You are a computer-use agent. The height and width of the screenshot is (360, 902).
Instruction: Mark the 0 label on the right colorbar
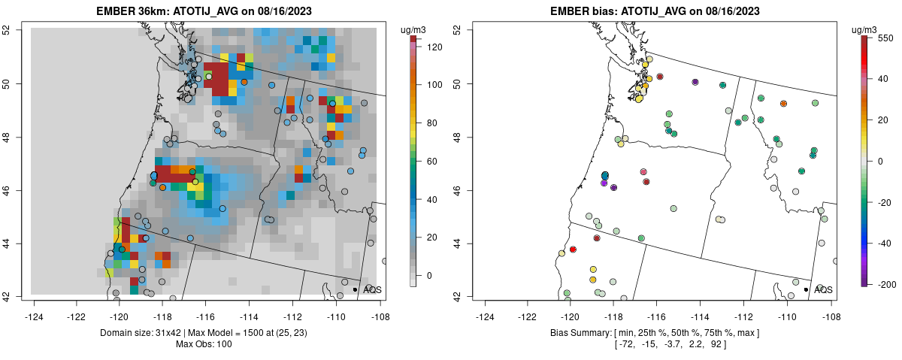[881, 161]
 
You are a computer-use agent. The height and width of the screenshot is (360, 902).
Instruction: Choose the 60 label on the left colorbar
[431, 161]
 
